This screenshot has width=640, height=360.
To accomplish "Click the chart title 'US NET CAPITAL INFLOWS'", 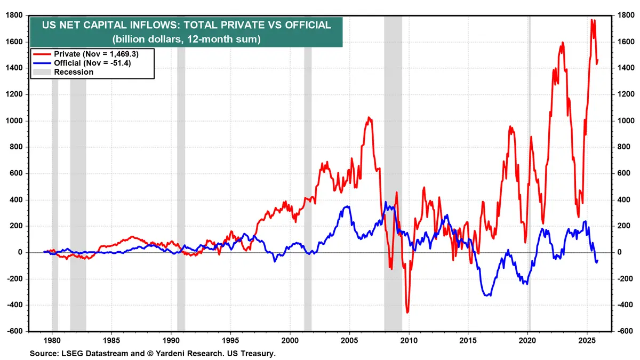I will (186, 25).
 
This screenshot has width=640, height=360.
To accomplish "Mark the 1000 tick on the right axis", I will (625, 121).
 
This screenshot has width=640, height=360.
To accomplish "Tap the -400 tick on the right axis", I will (624, 305).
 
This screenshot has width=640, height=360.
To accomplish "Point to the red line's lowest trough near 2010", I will (407, 312).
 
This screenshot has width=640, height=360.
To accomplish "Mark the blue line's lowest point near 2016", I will (487, 295).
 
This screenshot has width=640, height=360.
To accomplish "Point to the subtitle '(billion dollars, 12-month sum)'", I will (186, 38).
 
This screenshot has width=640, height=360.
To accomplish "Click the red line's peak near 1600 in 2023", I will (562, 43).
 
